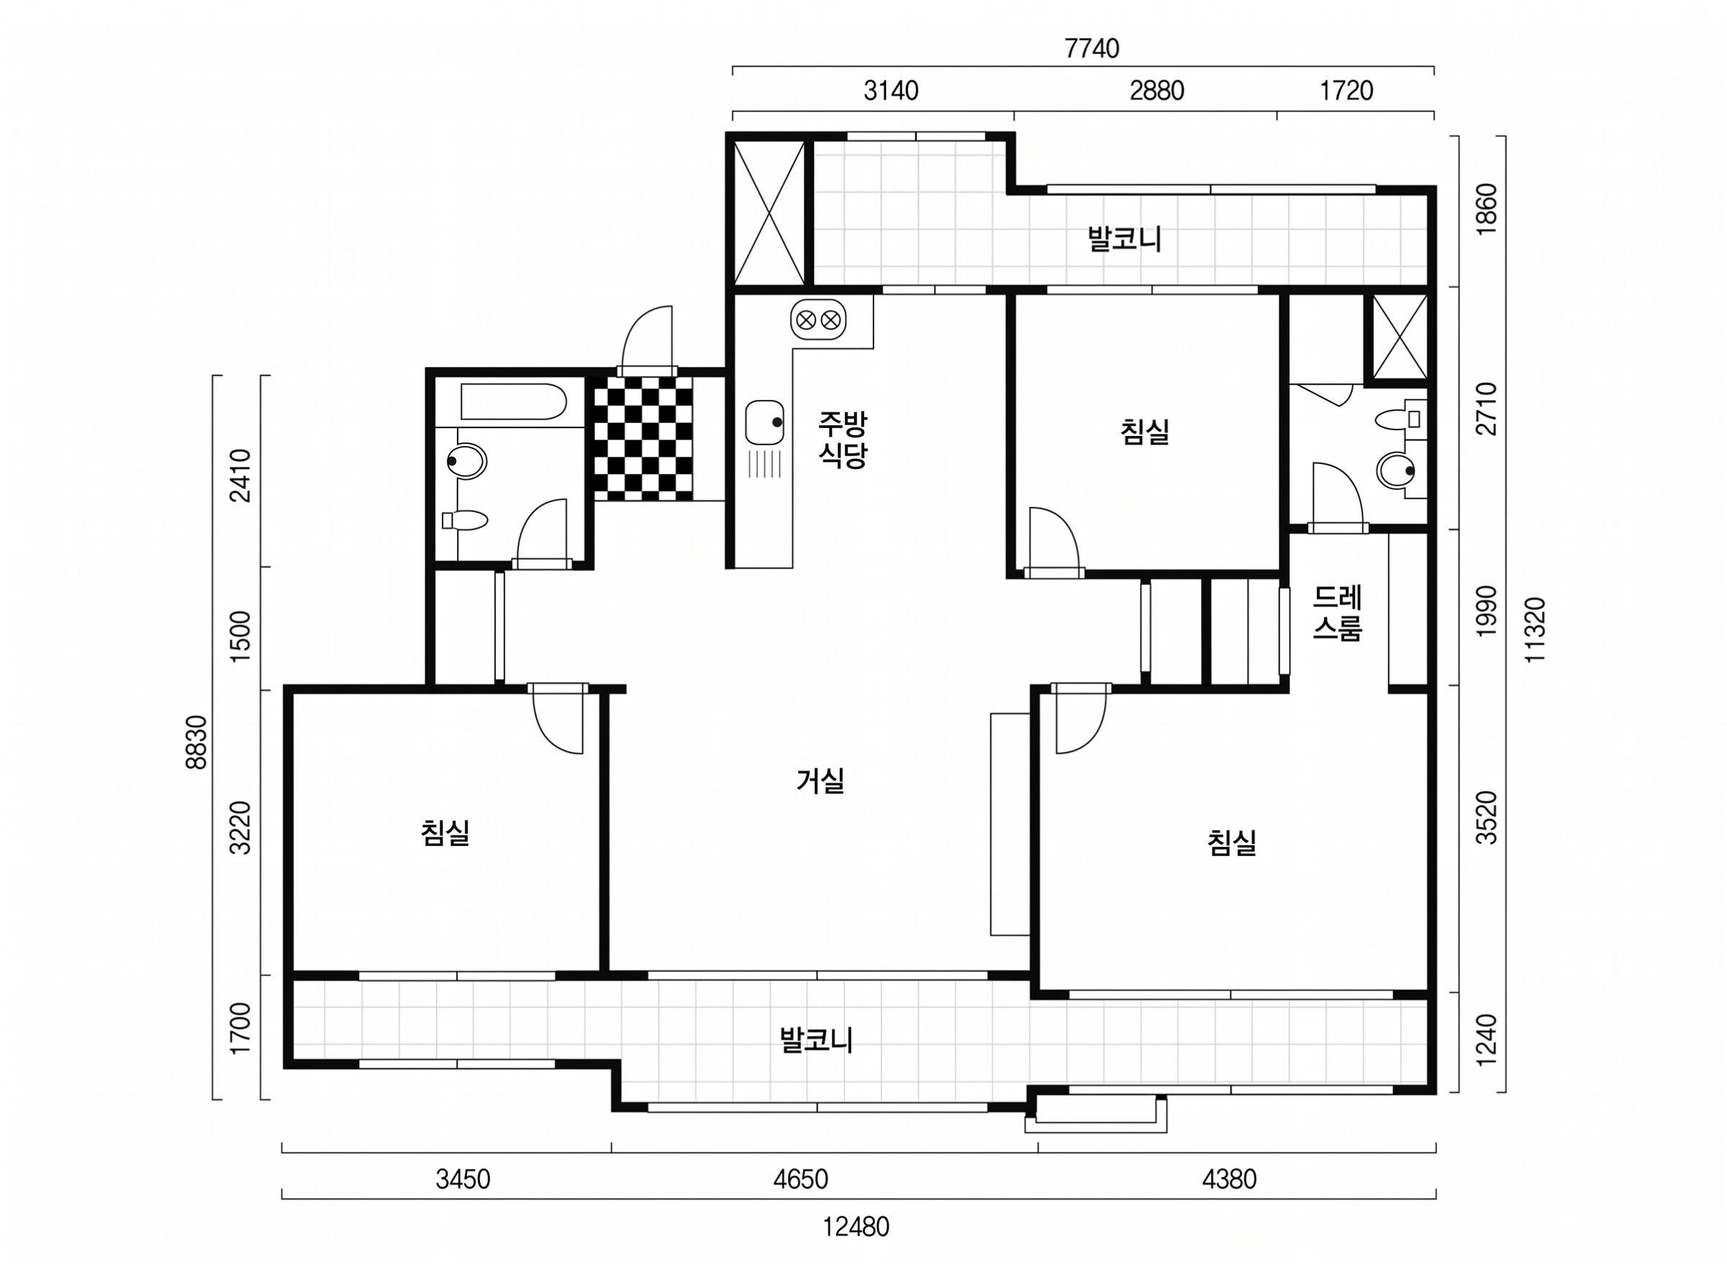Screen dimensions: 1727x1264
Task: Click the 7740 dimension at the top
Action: [x=1092, y=49]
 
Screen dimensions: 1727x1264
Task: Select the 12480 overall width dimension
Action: [x=856, y=1227]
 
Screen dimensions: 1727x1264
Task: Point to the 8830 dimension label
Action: [x=196, y=742]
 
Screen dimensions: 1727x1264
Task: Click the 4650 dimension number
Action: [x=800, y=1180]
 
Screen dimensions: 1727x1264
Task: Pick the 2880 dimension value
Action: [x=1157, y=91]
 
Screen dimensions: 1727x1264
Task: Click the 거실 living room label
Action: [x=820, y=781]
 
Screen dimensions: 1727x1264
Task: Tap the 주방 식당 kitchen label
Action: [x=843, y=438]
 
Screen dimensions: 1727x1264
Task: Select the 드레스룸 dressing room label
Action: [x=1338, y=613]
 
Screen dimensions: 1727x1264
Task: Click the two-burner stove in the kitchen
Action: [x=819, y=320]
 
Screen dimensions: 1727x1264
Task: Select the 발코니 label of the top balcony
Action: [x=1125, y=239]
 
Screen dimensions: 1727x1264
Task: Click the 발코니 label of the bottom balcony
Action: [x=816, y=1040]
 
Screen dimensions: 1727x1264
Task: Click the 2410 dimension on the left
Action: [x=242, y=474]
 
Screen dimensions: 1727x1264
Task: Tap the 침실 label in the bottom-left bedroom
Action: [x=445, y=833]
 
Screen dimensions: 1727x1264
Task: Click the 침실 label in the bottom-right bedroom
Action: [x=1232, y=843]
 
